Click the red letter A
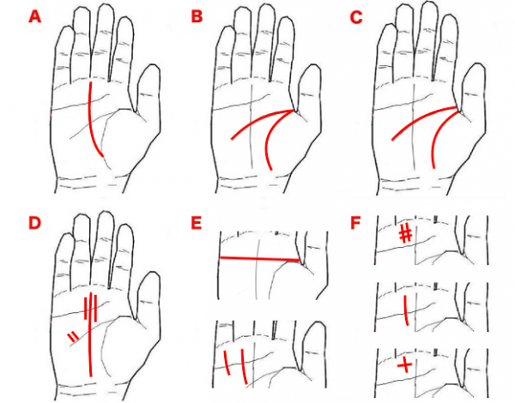[x=35, y=17]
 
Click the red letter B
[x=197, y=16]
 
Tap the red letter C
[x=355, y=17]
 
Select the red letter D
[x=34, y=223]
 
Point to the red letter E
[x=196, y=223]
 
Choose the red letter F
[x=355, y=223]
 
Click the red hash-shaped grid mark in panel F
[x=406, y=234]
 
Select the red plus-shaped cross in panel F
[x=404, y=365]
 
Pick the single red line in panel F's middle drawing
[x=406, y=310]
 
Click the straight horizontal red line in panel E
[x=260, y=259]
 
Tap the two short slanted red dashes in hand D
[x=73, y=337]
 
